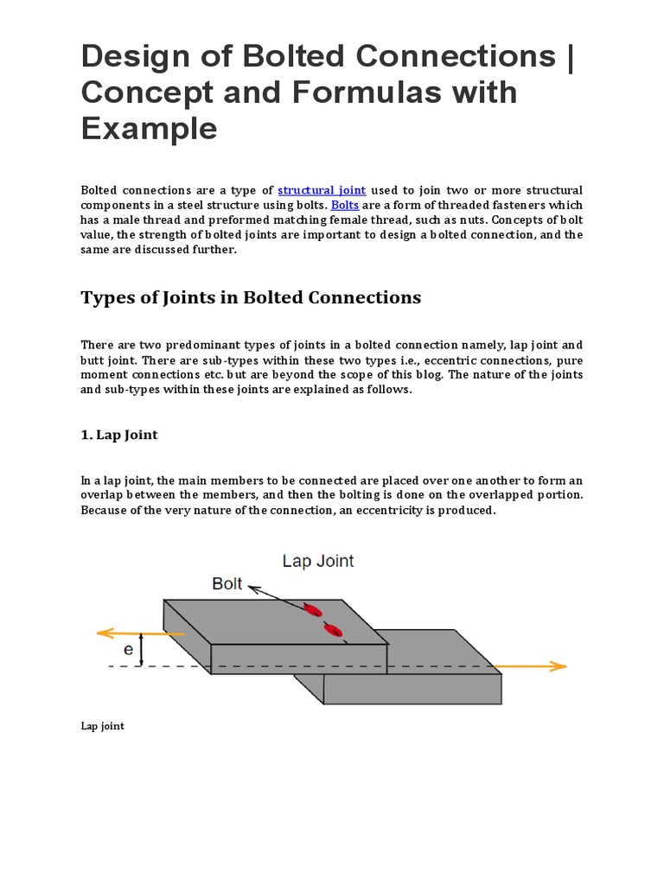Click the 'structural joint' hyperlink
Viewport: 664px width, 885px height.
322,190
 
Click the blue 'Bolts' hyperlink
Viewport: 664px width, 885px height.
345,205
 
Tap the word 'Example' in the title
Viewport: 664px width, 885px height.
149,128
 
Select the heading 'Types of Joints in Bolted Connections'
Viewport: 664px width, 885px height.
251,297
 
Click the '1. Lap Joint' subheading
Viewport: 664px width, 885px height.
119,435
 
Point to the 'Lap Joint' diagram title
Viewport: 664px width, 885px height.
318,561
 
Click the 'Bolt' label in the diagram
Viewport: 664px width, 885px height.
227,583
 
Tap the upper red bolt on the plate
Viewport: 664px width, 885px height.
313,610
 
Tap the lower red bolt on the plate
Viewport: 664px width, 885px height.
332,630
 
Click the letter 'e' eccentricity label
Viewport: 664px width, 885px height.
128,648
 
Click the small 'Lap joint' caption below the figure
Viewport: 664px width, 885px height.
102,726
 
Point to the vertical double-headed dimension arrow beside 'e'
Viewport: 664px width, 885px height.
144,649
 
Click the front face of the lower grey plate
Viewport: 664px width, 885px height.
412,689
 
